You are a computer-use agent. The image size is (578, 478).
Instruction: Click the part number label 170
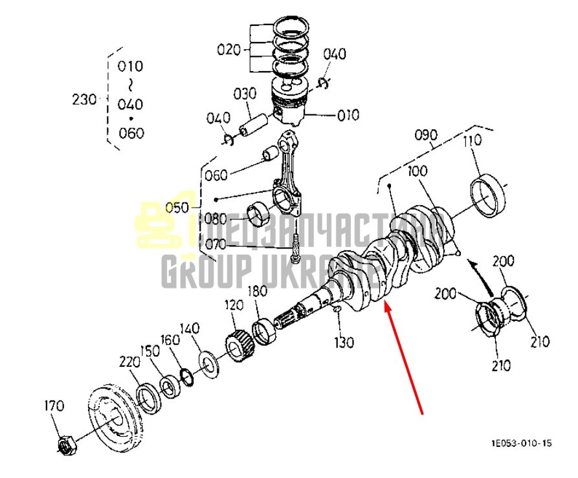click(x=54, y=406)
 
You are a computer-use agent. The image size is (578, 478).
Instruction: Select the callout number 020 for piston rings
click(x=228, y=49)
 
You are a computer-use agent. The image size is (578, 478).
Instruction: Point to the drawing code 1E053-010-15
click(x=522, y=443)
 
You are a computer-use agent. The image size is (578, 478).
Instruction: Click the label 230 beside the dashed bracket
click(x=84, y=100)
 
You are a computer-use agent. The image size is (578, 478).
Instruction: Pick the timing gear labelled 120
click(x=239, y=347)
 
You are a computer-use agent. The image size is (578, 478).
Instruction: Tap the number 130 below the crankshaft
click(x=344, y=342)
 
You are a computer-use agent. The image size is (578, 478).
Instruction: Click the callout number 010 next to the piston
click(x=348, y=115)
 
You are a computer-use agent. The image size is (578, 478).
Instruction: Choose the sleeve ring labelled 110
click(x=489, y=196)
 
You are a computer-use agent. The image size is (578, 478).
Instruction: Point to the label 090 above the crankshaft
click(x=426, y=135)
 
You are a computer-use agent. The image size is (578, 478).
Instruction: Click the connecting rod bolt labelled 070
click(x=296, y=248)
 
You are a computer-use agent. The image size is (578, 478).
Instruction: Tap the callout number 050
click(x=177, y=208)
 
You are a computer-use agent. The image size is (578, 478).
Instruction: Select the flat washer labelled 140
click(x=208, y=365)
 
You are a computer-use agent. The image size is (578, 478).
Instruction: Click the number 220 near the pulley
click(x=129, y=362)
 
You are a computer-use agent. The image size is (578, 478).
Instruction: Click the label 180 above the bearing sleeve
click(x=257, y=291)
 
